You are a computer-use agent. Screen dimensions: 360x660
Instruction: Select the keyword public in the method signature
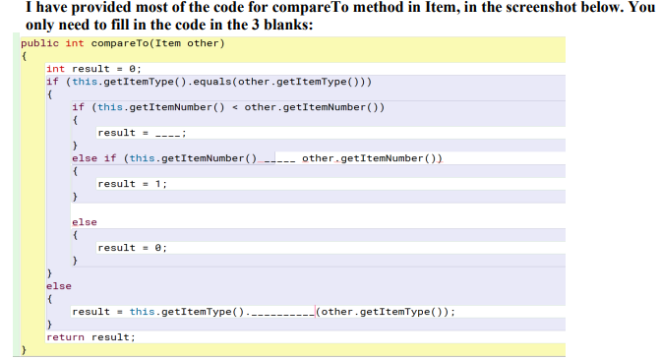(40, 44)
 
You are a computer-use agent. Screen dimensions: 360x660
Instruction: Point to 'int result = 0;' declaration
(94, 68)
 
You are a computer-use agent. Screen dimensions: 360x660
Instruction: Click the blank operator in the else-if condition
(279, 158)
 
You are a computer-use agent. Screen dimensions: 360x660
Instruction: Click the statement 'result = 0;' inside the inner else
(133, 248)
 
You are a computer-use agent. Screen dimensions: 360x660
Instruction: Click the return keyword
(66, 337)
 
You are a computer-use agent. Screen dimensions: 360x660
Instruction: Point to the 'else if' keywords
(94, 158)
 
